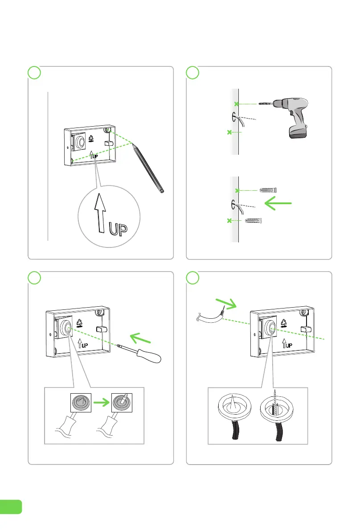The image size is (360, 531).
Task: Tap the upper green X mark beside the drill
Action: (237, 104)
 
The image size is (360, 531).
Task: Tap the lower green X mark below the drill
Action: (229, 132)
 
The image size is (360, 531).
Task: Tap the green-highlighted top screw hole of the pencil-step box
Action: (107, 130)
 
